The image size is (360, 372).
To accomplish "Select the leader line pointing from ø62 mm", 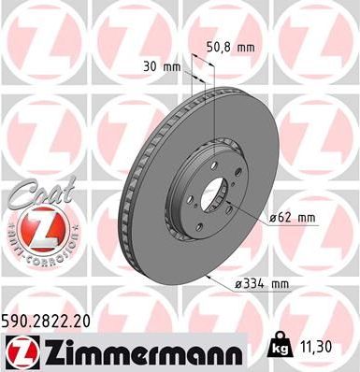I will [x=244, y=210].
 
